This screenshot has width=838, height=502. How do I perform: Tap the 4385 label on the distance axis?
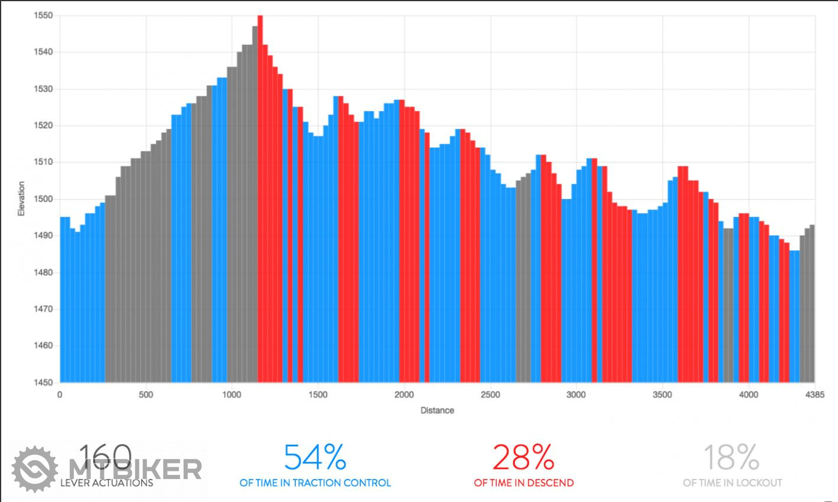tap(814, 395)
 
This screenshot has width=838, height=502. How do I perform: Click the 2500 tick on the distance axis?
tap(490, 395)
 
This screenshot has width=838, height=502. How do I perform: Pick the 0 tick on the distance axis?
tap(60, 395)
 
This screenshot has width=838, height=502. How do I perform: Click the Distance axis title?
tap(437, 410)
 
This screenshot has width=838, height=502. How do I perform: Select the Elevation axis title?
tap(22, 198)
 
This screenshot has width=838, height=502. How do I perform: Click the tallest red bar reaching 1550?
tap(260, 177)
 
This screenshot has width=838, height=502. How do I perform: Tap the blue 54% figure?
tap(315, 457)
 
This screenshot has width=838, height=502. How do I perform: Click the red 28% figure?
tap(523, 457)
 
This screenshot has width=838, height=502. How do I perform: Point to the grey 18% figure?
tap(732, 457)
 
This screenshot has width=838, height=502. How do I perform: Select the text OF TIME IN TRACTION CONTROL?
tap(315, 483)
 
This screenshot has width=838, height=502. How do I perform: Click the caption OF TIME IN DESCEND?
tap(523, 483)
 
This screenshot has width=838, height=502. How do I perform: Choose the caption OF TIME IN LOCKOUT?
tap(732, 483)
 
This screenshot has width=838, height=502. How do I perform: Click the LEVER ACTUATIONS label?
tap(106, 483)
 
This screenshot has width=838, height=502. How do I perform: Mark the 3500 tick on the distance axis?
tap(662, 395)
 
